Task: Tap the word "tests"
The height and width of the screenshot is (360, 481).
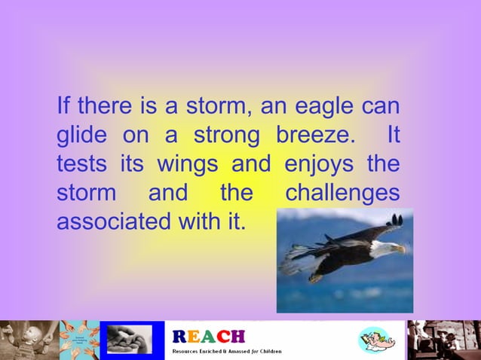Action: (x=80, y=165)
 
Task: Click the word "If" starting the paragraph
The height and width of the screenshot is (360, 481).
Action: (x=63, y=105)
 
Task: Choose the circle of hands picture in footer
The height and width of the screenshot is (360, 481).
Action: (x=80, y=340)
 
